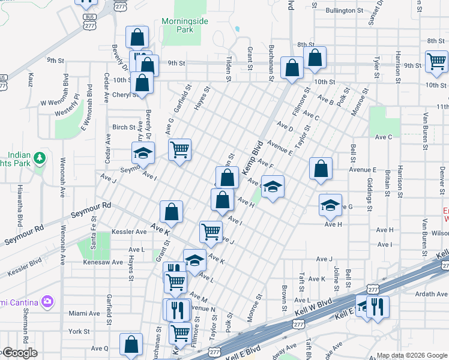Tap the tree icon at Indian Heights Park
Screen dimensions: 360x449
click(40, 158)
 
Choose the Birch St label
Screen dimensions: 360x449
click(124, 127)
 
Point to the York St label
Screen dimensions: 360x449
click(79, 331)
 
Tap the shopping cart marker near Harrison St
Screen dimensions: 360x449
click(436, 61)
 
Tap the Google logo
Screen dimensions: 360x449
click(19, 353)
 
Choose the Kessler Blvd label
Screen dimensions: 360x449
click(25, 268)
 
